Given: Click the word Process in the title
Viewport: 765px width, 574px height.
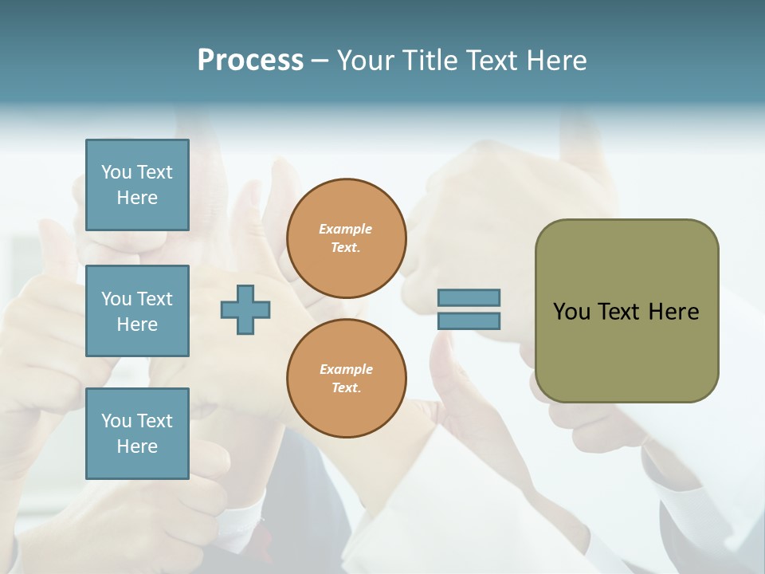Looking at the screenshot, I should click(250, 60).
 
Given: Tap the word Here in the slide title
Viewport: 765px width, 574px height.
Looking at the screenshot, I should click(555, 60).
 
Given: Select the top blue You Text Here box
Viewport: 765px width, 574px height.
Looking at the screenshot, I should click(137, 185).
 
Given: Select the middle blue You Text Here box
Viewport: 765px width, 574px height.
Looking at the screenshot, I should click(137, 311).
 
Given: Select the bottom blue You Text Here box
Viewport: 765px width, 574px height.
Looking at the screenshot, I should click(137, 433).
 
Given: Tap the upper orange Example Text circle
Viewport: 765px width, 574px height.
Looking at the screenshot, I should click(346, 238).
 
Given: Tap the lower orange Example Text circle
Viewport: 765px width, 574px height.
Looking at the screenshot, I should click(346, 378).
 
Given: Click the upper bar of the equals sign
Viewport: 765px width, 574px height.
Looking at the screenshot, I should click(469, 298).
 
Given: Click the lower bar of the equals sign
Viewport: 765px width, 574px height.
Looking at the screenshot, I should click(469, 320).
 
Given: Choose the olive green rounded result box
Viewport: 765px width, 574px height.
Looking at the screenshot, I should click(626, 351).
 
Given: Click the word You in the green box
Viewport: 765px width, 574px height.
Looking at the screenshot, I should click(571, 312).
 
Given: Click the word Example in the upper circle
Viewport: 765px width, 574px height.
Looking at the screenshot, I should click(346, 230).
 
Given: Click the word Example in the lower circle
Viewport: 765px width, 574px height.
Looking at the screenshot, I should click(346, 369).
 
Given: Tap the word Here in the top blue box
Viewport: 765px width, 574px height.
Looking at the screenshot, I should click(137, 198).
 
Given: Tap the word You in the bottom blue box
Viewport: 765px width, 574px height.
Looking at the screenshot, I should click(116, 420).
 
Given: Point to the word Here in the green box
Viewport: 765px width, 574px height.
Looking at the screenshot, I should click(673, 312).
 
